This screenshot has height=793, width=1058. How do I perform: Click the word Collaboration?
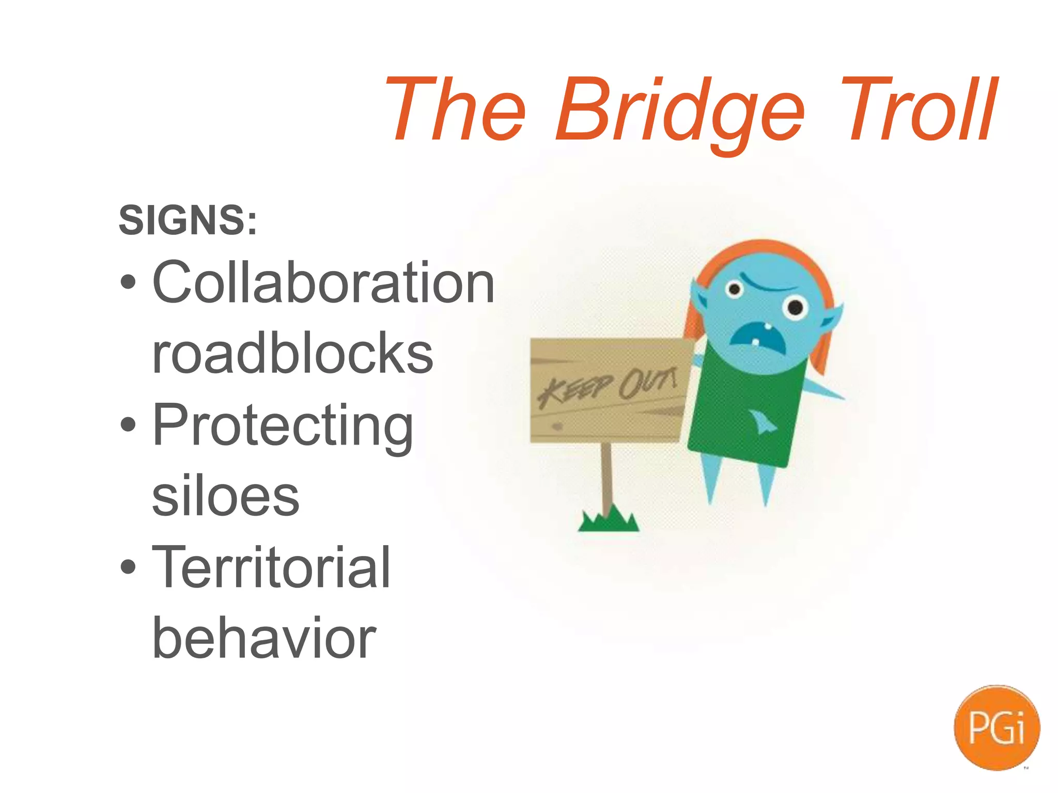tap(323, 282)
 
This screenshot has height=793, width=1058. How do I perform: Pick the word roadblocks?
tap(292, 354)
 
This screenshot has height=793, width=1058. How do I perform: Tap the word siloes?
tap(226, 497)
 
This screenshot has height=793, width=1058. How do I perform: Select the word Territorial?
tap(271, 568)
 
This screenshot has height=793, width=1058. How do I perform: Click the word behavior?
tap(264, 639)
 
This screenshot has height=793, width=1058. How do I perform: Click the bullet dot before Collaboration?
tap(128, 282)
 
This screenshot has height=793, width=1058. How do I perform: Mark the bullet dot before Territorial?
tap(128, 568)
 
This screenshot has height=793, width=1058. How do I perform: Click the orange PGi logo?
tap(997, 728)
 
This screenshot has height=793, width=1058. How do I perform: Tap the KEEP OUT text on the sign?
tap(607, 386)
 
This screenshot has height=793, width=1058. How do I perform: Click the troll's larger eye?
tap(795, 308)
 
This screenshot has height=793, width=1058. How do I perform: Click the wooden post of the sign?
tap(607, 475)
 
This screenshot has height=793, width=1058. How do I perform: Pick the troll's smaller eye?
tap(733, 290)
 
